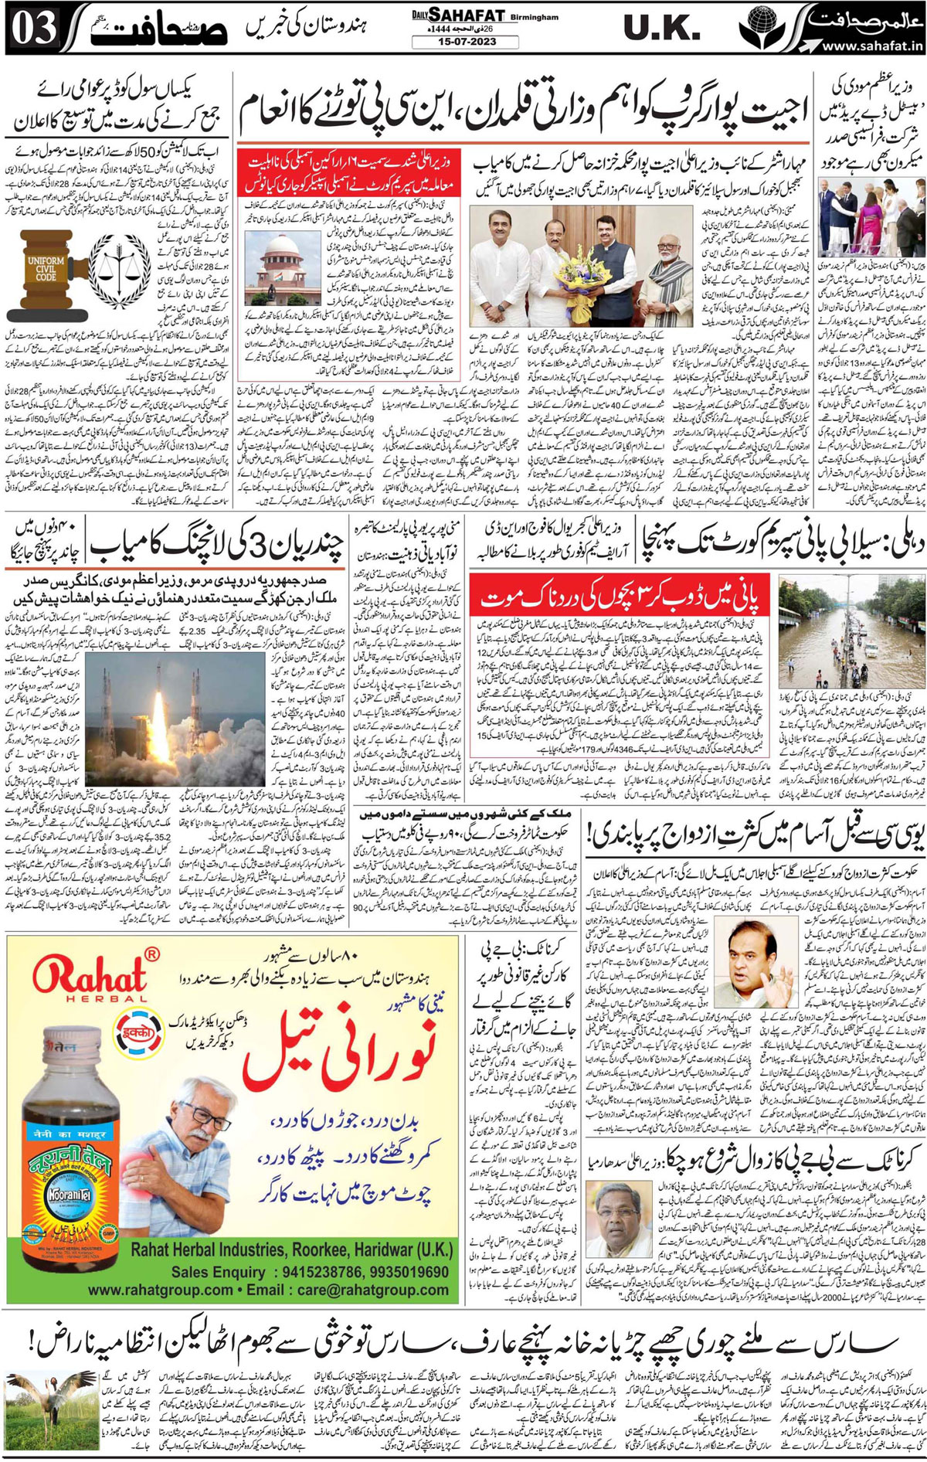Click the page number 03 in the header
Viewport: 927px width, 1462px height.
click(x=35, y=29)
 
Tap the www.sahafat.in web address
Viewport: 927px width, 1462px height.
click(x=872, y=46)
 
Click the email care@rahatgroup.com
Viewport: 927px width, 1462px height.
click(x=371, y=1290)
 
